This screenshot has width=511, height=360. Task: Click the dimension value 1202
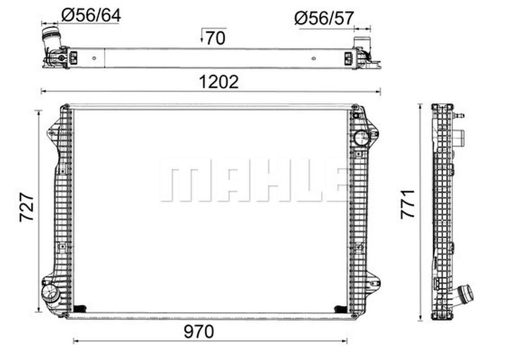[219, 82]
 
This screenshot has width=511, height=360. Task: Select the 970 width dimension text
[199, 332]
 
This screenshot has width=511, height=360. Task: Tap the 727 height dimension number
[27, 207]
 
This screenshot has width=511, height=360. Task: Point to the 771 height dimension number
[408, 204]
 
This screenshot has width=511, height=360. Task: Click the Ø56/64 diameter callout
[91, 16]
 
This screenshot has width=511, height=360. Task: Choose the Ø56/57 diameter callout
[324, 18]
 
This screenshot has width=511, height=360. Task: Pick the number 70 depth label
[216, 38]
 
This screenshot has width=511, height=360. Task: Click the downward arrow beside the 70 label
[202, 36]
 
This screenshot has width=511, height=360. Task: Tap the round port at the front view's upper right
[361, 138]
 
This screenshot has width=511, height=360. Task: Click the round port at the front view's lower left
[49, 293]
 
